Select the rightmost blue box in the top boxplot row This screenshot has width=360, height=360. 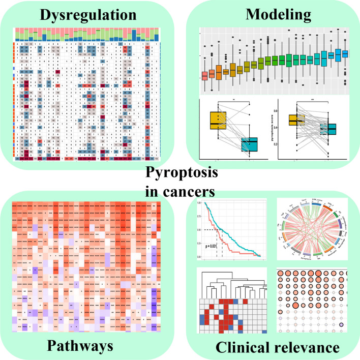345,53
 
